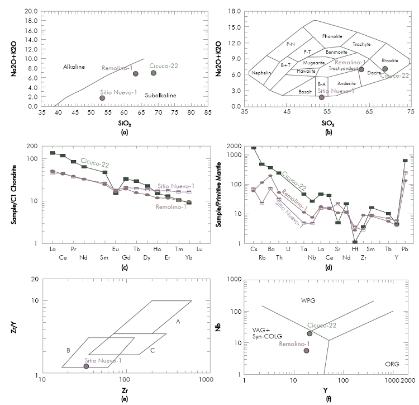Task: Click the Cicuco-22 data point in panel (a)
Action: tap(153, 73)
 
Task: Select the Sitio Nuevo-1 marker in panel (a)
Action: tap(102, 98)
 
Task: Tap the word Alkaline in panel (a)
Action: tap(73, 67)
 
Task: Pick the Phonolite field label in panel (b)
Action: tap(332, 36)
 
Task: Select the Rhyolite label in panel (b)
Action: tap(389, 60)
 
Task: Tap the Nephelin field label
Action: tap(261, 73)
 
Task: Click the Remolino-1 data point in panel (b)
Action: tap(361, 69)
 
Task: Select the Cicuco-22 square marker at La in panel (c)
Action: tap(53, 153)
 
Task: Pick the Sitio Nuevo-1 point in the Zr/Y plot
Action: tap(85, 366)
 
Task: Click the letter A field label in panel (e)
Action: tap(178, 321)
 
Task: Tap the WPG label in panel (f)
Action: tap(308, 300)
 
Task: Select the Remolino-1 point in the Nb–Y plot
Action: tap(306, 351)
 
